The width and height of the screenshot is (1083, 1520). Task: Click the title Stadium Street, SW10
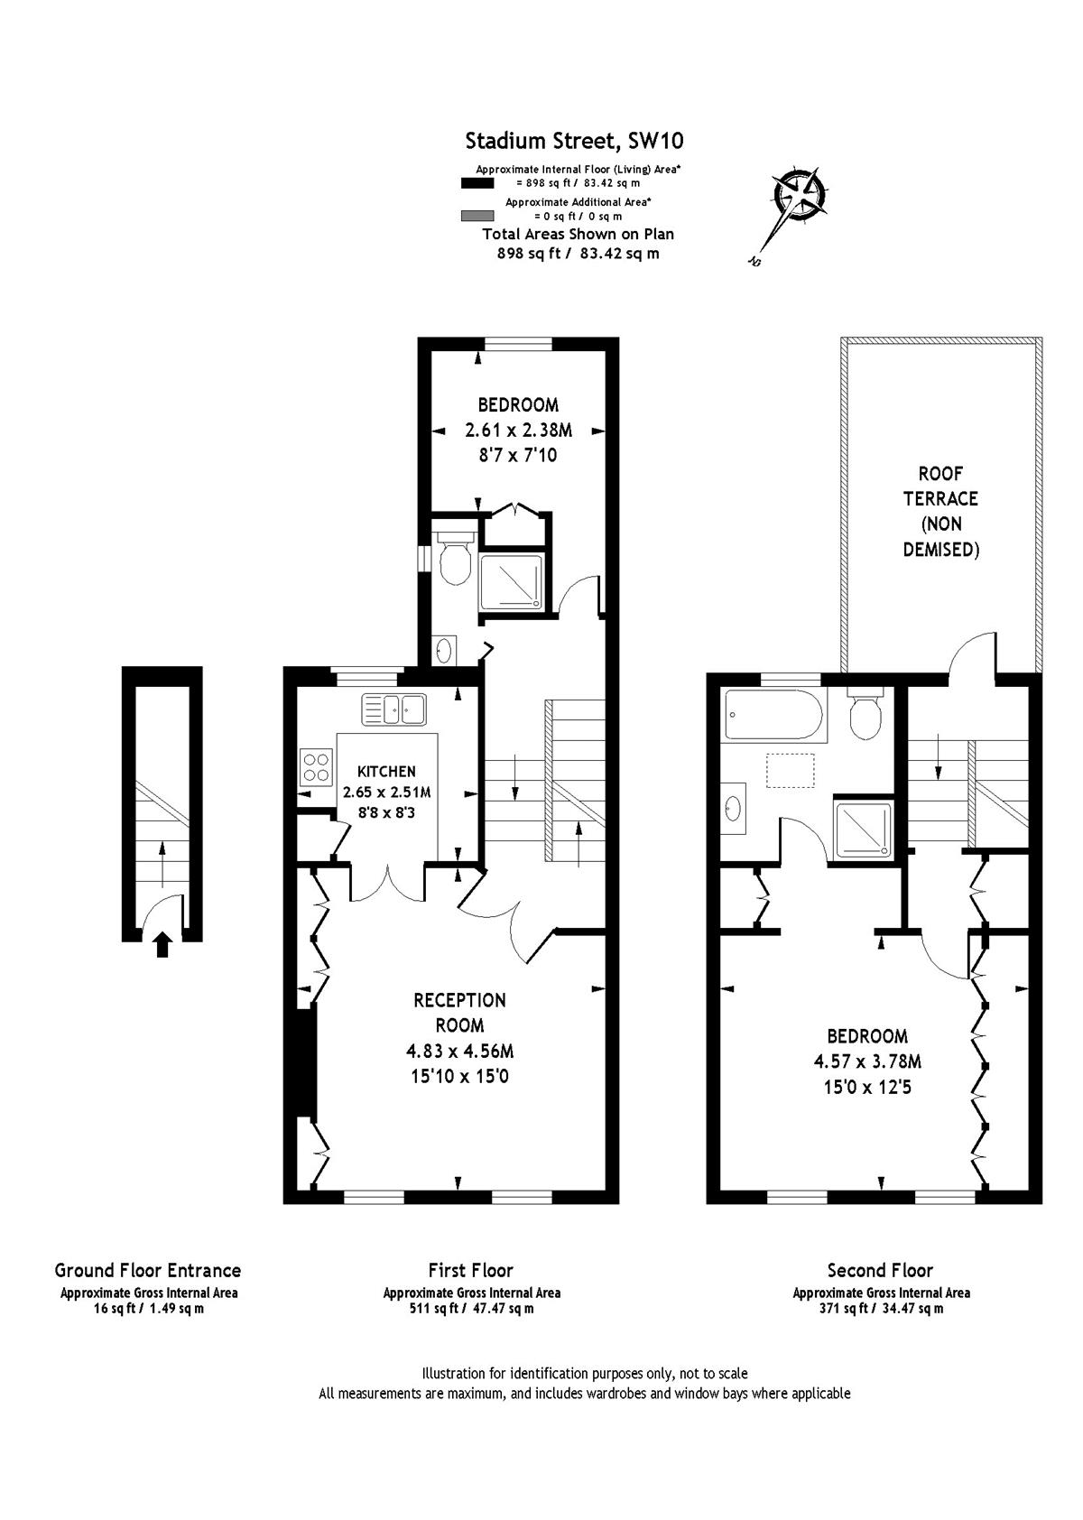click(574, 141)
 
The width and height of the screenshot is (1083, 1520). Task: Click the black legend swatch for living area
click(477, 183)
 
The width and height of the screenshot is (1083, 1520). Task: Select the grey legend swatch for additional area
click(477, 216)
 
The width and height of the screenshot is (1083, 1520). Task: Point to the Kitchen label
click(387, 772)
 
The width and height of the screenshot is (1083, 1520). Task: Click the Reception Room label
click(459, 1013)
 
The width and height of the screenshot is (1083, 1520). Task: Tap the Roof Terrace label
click(940, 511)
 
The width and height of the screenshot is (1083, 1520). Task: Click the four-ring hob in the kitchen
click(317, 767)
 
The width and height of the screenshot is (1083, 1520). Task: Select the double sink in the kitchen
click(393, 709)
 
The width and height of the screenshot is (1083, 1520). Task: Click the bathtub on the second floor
click(773, 715)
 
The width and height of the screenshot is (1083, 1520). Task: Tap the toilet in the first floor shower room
click(455, 556)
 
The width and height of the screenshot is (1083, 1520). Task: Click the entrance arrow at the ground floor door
click(162, 944)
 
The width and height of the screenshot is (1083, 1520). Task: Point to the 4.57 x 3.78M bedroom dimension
click(867, 1061)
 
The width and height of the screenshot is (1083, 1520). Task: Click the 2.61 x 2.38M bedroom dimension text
click(518, 431)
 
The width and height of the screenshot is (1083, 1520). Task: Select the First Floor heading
click(471, 1270)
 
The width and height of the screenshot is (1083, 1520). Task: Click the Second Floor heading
click(880, 1270)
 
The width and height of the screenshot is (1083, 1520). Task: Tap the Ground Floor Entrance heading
click(148, 1270)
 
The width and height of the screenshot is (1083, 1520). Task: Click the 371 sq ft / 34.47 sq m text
click(881, 1309)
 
